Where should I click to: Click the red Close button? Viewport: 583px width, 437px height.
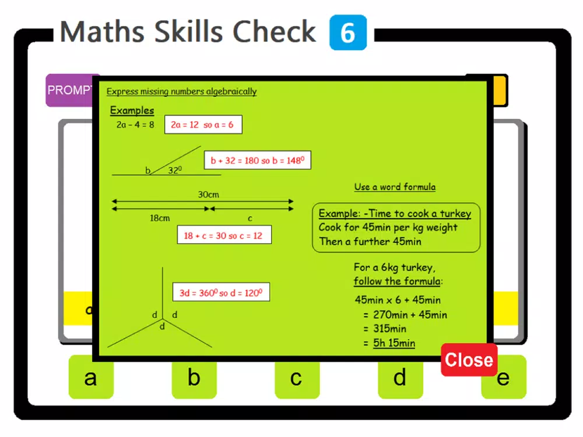pos(469,360)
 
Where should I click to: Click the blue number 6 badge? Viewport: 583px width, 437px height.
pos(348,32)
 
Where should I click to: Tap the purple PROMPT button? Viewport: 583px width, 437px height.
pos(69,90)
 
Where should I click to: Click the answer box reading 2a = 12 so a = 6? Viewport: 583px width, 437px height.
pos(203,125)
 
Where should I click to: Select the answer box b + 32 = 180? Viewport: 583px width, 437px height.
pos(258,160)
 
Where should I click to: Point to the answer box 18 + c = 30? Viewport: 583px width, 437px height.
pos(224,235)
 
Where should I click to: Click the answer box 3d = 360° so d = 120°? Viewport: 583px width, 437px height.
pos(221,292)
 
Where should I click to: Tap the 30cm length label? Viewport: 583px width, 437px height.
pos(208,195)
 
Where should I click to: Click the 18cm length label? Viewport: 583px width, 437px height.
pos(160,218)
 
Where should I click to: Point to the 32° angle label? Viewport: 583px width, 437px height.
pos(175,170)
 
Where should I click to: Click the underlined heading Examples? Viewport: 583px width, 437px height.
pos(132,110)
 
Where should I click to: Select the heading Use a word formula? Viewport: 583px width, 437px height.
pos(395,186)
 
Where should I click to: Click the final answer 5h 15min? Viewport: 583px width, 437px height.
pos(394,343)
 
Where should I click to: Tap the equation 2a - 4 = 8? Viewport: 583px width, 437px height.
pos(135,125)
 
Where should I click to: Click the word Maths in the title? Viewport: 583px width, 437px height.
pos(102,32)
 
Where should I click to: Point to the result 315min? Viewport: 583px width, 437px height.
pos(389,329)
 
